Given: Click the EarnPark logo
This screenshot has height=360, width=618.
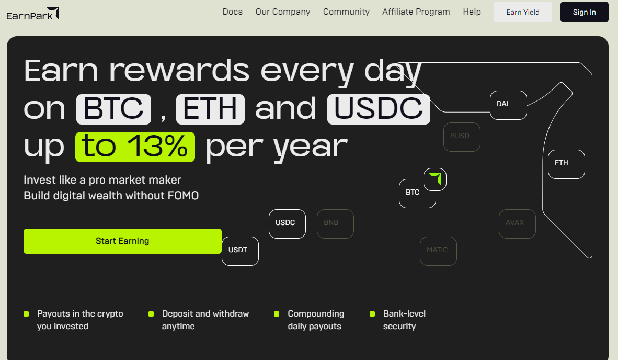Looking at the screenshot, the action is (33, 14).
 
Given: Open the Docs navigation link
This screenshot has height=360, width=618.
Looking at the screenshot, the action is (233, 12).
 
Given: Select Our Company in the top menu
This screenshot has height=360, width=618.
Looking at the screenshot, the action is (282, 12).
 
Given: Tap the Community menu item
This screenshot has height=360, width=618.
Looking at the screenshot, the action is (346, 12).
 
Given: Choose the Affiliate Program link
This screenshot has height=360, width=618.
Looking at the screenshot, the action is (416, 12).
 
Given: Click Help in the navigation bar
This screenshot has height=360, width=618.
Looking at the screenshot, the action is (472, 12).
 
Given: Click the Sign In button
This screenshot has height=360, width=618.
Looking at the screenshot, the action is (584, 12).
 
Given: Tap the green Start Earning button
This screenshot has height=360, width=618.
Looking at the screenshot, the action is (122, 241).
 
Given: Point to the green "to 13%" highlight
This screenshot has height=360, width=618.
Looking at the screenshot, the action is (135, 147).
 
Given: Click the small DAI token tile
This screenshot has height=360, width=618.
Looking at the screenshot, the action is (508, 105).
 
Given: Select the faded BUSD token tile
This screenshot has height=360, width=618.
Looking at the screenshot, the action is (462, 137).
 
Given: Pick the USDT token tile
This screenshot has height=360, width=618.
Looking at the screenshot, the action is (240, 251).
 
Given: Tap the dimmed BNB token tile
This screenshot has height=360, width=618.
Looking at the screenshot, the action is (335, 223).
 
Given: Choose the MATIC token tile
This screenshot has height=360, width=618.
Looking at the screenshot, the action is (438, 251).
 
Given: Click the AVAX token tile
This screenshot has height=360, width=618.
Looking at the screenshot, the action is (517, 223).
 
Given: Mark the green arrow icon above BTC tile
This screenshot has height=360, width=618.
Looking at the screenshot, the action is (436, 178).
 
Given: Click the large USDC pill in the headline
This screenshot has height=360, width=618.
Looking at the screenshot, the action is (379, 109).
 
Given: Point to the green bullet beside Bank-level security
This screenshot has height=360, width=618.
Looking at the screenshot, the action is (372, 314).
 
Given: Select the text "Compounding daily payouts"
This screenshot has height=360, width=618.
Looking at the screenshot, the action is (316, 320).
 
